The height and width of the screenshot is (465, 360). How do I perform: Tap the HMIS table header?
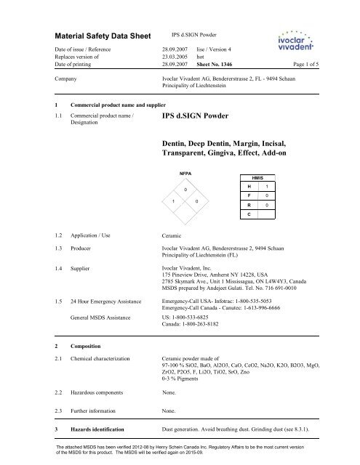pyautogui.click(x=268, y=196)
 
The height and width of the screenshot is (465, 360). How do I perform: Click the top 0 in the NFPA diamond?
pyautogui.click(x=185, y=190)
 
